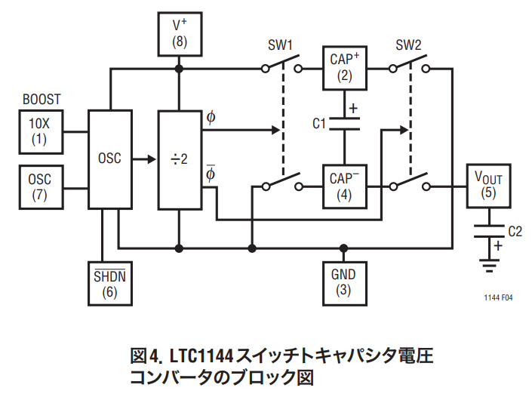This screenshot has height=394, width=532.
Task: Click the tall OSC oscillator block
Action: tap(110, 159)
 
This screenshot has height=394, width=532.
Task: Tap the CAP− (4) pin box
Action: tap(344, 186)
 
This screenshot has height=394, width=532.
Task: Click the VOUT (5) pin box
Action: tap(487, 186)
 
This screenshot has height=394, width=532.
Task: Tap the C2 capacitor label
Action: tap(515, 232)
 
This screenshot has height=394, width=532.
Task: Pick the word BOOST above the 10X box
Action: tap(42, 99)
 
